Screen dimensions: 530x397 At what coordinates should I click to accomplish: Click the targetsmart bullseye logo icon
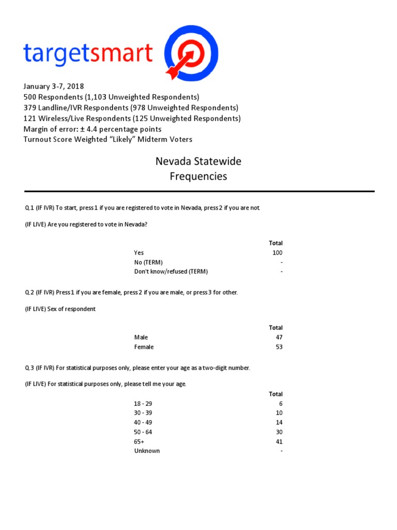pyautogui.click(x=191, y=53)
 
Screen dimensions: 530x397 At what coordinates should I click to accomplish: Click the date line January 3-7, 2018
pyautogui.click(x=54, y=86)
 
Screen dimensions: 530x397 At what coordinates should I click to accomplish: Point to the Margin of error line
pyautogui.click(x=93, y=129)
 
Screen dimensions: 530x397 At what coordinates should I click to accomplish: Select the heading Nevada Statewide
pyautogui.click(x=198, y=161)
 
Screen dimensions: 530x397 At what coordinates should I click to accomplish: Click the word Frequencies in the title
pyautogui.click(x=198, y=176)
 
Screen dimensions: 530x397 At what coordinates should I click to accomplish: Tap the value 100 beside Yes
pyautogui.click(x=278, y=253)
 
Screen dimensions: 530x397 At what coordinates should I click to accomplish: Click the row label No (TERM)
pyautogui.click(x=148, y=262)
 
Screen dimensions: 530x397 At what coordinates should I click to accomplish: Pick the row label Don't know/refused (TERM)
pyautogui.click(x=171, y=272)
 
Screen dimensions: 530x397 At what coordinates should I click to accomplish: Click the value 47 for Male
pyautogui.click(x=279, y=337)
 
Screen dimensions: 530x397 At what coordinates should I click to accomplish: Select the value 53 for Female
pyautogui.click(x=279, y=347)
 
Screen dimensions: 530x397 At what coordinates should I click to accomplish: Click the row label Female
pyautogui.click(x=144, y=347)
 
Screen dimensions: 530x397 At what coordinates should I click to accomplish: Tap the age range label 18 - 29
pyautogui.click(x=143, y=404)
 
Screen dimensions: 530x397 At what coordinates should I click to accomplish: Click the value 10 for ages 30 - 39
pyautogui.click(x=279, y=413)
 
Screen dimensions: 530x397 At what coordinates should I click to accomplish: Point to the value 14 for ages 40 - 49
pyautogui.click(x=279, y=422)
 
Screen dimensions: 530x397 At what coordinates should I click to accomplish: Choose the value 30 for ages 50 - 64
pyautogui.click(x=279, y=432)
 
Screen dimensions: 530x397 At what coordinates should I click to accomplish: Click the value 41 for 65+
pyautogui.click(x=279, y=441)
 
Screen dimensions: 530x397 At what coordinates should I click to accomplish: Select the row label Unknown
pyautogui.click(x=147, y=451)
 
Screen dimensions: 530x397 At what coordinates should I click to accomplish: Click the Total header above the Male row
pyautogui.click(x=276, y=328)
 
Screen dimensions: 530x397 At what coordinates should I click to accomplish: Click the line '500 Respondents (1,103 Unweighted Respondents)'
pyautogui.click(x=111, y=97)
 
